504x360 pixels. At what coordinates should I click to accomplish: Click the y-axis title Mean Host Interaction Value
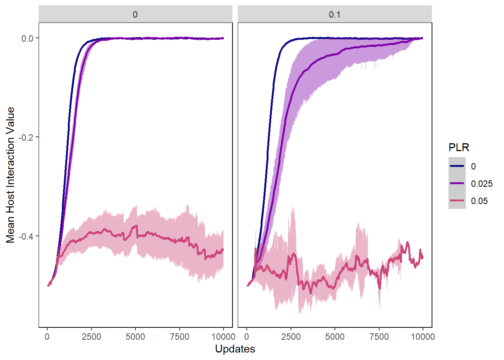[x=10, y=175]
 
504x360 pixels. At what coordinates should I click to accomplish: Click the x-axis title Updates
[x=235, y=349]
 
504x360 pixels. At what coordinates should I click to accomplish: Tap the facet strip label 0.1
[x=334, y=15]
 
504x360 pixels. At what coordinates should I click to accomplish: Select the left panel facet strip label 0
[x=135, y=15]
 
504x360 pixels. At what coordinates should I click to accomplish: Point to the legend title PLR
[x=459, y=148]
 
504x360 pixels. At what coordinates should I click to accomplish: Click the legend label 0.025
[x=481, y=184]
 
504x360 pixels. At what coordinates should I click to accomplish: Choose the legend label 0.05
[x=479, y=201]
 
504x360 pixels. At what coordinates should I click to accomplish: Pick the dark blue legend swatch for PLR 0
[x=457, y=166]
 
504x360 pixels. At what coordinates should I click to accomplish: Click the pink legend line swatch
[x=457, y=201]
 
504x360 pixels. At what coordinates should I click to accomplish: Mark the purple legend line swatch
[x=457, y=183]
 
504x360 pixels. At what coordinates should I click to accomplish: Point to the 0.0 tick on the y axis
[x=27, y=38]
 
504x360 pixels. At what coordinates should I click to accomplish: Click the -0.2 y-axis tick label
[x=26, y=137]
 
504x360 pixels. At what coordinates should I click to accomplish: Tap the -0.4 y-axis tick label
[x=26, y=236]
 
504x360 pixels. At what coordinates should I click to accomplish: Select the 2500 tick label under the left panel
[x=91, y=337]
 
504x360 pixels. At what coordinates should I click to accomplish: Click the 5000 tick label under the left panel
[x=135, y=337]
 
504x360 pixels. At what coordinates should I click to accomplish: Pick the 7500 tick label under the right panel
[x=379, y=337]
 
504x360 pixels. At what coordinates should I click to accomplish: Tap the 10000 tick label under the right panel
[x=423, y=337]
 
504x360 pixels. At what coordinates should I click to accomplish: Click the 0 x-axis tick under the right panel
[x=247, y=337]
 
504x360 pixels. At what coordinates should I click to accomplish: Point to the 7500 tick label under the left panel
[x=180, y=337]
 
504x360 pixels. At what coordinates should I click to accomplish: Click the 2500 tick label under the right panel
[x=291, y=337]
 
